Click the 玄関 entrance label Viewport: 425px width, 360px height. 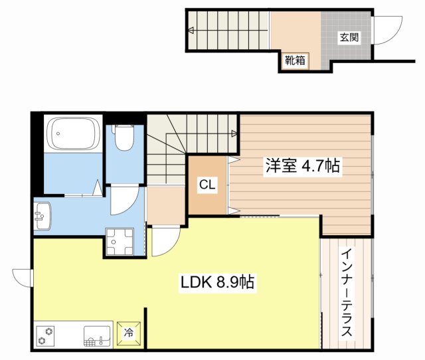pos(349,37)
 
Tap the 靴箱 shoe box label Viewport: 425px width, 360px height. pos(296,61)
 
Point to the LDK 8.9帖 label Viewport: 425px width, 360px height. pos(216,283)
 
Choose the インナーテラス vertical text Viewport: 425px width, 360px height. pos(347,292)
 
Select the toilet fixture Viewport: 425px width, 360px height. pos(123,139)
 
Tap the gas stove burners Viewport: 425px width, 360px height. pos(48,335)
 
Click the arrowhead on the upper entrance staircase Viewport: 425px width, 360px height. pos(191,30)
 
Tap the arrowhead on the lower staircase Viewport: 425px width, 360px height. pos(234,134)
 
